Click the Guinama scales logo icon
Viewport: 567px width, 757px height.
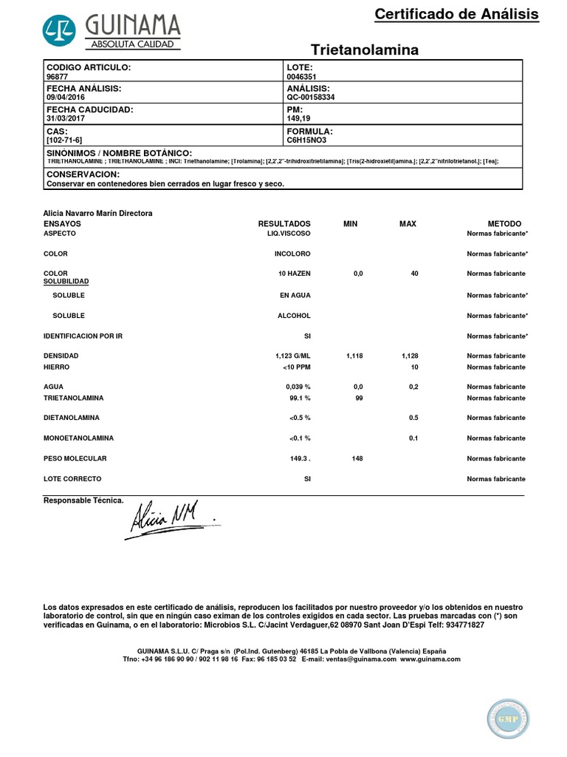click(x=61, y=30)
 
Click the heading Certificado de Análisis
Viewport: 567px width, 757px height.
click(x=456, y=14)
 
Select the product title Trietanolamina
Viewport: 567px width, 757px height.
click(x=365, y=50)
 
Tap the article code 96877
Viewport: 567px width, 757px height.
click(x=57, y=75)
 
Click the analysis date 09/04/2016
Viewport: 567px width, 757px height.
click(x=65, y=97)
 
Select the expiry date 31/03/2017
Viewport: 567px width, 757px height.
click(x=65, y=118)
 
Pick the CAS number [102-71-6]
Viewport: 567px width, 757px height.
click(x=64, y=140)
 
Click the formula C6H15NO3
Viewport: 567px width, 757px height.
click(x=306, y=140)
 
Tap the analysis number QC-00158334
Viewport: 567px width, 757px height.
click(x=310, y=97)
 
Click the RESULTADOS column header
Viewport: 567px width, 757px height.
click(x=284, y=223)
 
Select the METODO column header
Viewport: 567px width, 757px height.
click(x=504, y=223)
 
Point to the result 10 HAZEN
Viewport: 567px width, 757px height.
click(x=295, y=274)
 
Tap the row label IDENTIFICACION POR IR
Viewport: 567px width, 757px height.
click(x=83, y=336)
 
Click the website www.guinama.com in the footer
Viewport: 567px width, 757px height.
click(x=430, y=659)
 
